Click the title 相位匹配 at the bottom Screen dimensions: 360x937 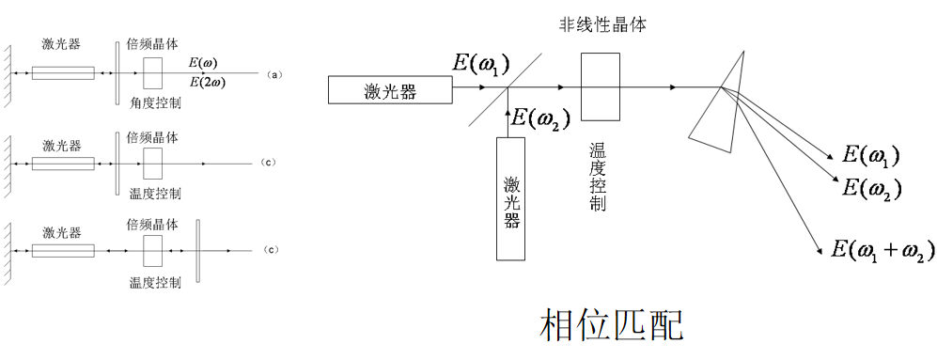[x=612, y=325]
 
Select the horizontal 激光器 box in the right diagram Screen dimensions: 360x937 [x=390, y=90]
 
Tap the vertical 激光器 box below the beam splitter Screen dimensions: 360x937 [x=510, y=197]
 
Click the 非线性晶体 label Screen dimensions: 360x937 [x=601, y=25]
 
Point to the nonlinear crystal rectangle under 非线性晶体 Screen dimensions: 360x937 [x=601, y=86]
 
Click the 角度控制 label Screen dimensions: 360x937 [x=154, y=103]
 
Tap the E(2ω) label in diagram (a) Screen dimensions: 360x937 [x=207, y=83]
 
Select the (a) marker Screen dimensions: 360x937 [x=274, y=73]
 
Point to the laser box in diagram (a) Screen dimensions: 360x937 [x=63, y=72]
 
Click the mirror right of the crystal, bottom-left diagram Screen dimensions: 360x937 [x=197, y=250]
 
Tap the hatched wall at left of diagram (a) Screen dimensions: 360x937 [x=8, y=72]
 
